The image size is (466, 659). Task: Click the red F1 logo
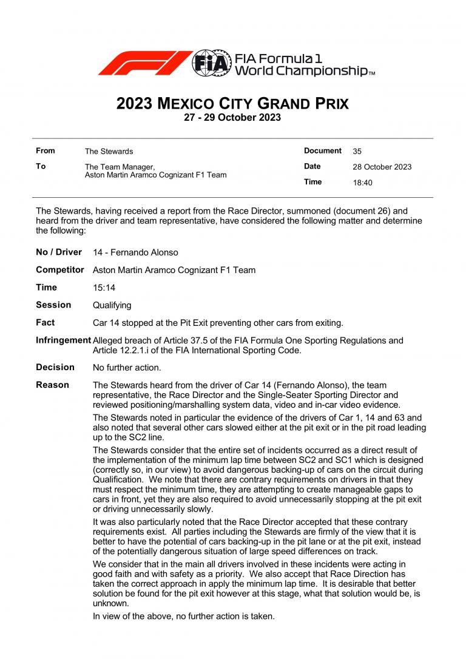pos(144,63)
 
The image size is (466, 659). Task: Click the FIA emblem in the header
pos(212,63)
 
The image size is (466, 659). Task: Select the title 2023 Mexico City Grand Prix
pos(232,103)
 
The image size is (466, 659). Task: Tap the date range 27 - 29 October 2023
pos(232,118)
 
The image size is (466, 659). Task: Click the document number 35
pos(357,151)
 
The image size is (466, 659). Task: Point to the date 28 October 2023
pos(382,167)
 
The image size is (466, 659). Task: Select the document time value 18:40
pos(362,183)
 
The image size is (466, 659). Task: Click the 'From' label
pos(46,150)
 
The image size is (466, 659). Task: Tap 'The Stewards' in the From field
pos(109,151)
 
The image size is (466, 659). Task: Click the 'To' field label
pos(41,166)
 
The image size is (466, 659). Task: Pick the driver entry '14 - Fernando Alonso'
pos(135,252)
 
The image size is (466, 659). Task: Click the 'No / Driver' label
pos(59,252)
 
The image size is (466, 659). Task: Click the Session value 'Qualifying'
pos(112,305)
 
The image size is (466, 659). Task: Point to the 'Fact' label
pos(45,323)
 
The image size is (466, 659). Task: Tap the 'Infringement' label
pos(63,340)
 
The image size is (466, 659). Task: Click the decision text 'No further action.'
pos(127,368)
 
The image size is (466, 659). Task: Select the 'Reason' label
pos(52,385)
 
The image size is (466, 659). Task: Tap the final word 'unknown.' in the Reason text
pos(110,604)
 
